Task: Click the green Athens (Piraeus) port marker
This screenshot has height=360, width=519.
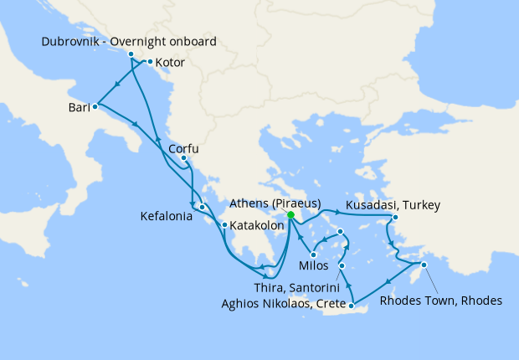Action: pos(290,215)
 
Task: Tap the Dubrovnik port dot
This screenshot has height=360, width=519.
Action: pos(131,54)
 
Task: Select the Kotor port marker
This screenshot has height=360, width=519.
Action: pos(150,62)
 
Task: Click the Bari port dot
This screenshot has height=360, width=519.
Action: pos(95,106)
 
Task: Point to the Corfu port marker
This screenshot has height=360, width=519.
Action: pos(183,158)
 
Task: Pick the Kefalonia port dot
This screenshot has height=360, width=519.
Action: pos(203,207)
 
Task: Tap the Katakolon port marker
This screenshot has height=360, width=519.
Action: pos(224,224)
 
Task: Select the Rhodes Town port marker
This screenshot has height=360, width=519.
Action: pos(424,265)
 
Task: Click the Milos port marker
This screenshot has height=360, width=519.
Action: pos(313,255)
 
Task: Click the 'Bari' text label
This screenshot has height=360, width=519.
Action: pos(80,108)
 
